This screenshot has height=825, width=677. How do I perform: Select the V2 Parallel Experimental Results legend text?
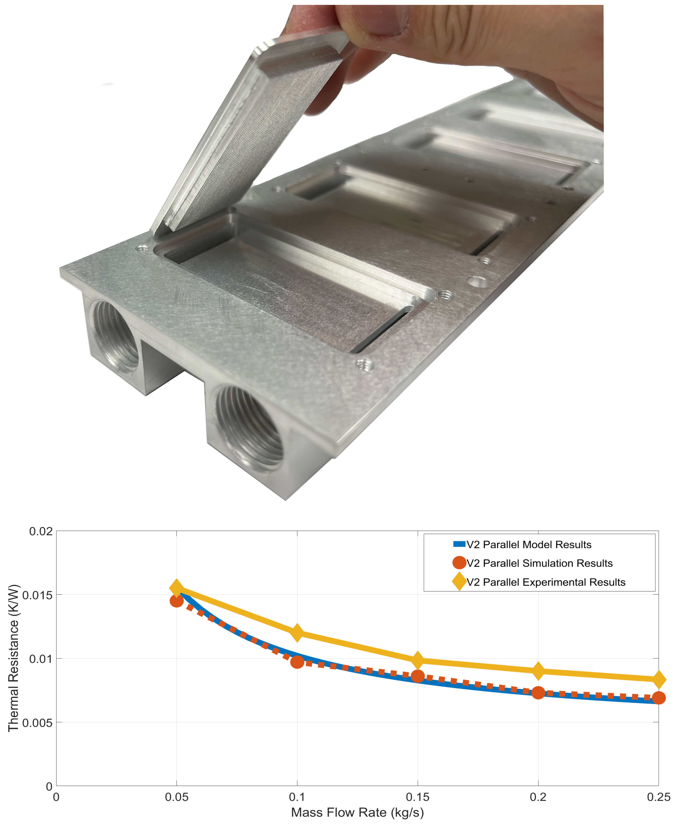pyautogui.click(x=546, y=582)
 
